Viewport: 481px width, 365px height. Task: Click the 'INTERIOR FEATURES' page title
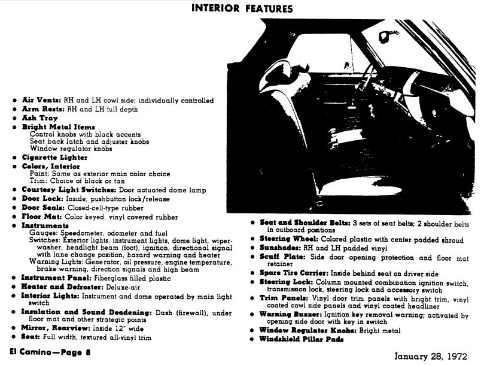click(x=242, y=8)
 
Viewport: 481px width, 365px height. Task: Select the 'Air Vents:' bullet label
click(x=39, y=101)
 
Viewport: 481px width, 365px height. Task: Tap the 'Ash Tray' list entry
click(x=39, y=119)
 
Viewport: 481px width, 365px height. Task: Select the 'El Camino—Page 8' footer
click(x=51, y=352)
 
